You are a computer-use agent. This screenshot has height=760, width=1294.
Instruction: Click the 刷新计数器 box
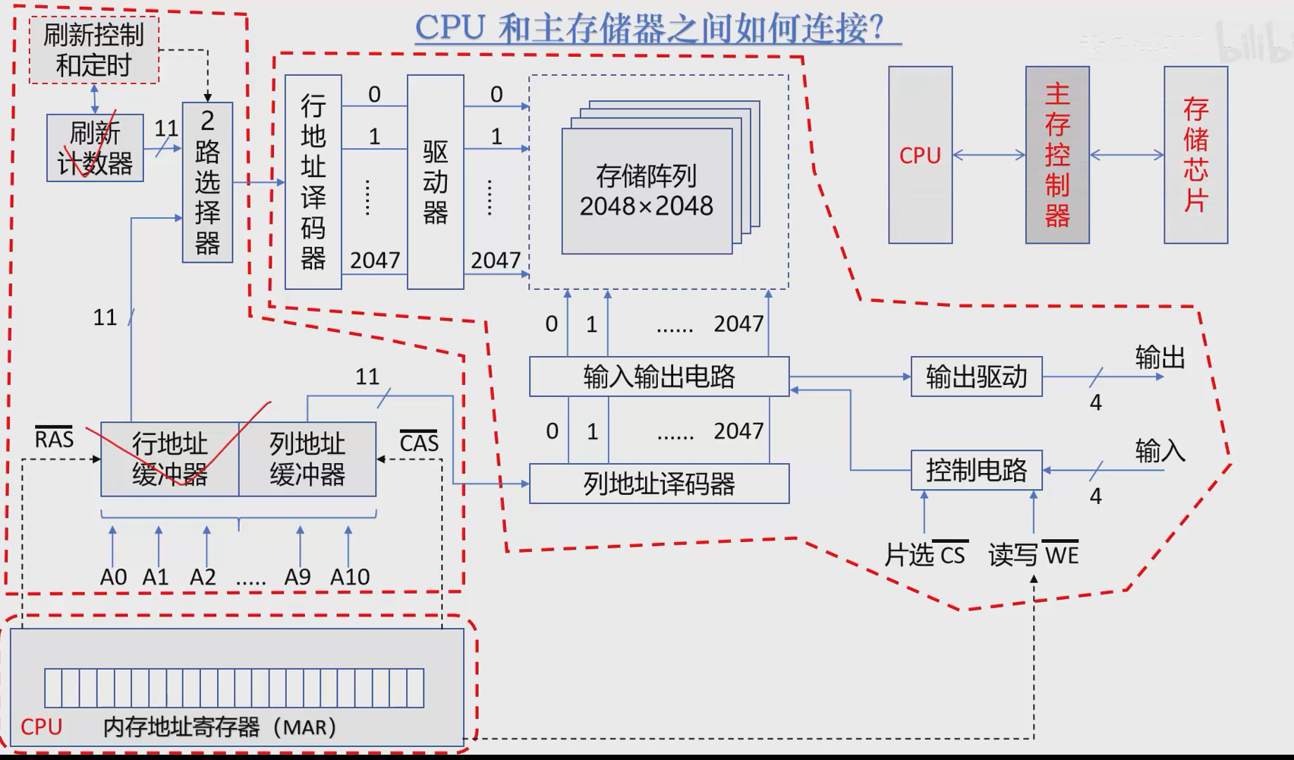[95, 148]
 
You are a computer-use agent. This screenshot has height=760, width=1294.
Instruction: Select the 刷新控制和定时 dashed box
[94, 50]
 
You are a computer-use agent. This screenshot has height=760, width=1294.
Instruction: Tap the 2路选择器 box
[207, 182]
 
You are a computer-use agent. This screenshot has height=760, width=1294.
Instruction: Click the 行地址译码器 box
[313, 182]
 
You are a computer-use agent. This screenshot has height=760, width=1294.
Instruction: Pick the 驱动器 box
[435, 182]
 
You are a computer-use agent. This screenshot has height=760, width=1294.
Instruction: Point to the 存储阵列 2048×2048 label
[647, 191]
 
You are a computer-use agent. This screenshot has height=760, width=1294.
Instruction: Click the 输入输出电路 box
[659, 377]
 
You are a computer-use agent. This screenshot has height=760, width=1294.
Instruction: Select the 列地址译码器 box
[659, 484]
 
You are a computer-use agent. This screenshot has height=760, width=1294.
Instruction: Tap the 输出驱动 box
[976, 377]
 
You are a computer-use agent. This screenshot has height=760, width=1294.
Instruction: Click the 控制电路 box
[976, 471]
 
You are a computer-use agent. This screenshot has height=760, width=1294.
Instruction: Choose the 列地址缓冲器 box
[307, 459]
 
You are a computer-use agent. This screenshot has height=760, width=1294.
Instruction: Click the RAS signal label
[54, 439]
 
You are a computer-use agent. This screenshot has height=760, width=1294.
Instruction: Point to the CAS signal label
[419, 442]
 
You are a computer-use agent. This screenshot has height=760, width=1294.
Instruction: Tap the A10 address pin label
[350, 577]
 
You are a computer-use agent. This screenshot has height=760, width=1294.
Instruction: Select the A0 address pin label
[113, 577]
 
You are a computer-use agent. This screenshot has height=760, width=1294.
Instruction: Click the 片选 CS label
[925, 555]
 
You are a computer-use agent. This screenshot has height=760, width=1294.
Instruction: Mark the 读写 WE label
[1033, 555]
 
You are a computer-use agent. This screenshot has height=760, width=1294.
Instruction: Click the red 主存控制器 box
[1057, 155]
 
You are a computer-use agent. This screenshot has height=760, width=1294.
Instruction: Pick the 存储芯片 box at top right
[1195, 155]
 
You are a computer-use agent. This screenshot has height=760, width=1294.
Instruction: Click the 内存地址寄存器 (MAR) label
[220, 727]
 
